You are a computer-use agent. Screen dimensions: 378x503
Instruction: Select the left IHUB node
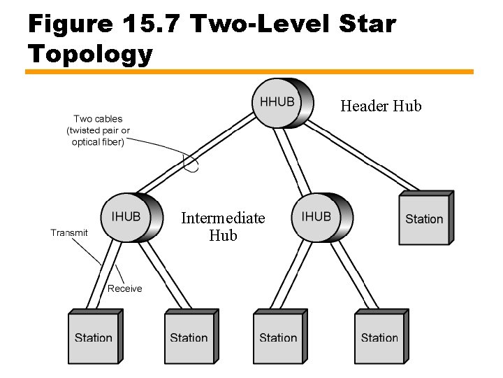point(127,218)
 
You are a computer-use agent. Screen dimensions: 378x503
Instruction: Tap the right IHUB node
point(318,218)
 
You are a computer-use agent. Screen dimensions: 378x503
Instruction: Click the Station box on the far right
point(424,219)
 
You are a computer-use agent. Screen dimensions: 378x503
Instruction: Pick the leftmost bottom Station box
point(94,338)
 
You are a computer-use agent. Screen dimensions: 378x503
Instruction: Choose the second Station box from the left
point(189,338)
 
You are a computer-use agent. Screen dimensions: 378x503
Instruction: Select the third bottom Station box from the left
point(278,338)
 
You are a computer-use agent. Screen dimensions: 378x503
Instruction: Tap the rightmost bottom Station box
point(379,338)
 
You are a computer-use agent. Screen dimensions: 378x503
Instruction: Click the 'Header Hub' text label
point(381,106)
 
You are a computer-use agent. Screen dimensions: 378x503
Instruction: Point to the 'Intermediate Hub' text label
point(223,227)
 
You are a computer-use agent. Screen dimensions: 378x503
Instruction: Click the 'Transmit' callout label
point(69,233)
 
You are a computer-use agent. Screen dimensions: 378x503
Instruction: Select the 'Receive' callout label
point(124,288)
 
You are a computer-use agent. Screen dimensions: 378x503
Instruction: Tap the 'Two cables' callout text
point(98,130)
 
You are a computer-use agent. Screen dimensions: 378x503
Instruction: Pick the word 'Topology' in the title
point(90,54)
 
